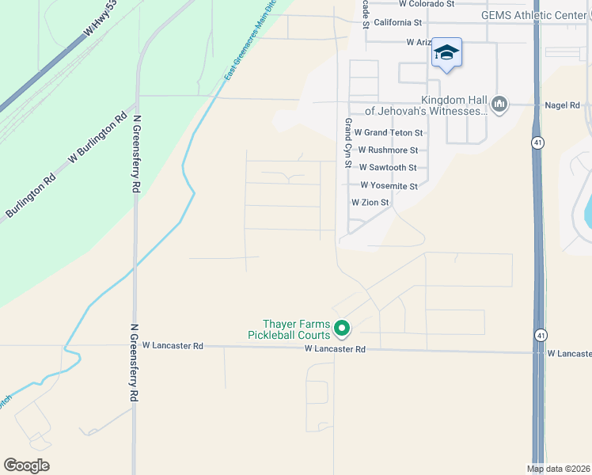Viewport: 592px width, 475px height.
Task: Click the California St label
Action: point(404,23)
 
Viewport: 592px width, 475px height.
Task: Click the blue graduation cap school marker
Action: point(447,53)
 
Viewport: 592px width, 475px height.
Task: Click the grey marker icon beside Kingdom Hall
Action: point(499,104)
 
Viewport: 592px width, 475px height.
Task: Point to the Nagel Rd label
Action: point(563,105)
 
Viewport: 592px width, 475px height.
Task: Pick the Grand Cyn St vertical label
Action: point(347,143)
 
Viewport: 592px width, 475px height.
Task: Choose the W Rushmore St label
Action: point(388,150)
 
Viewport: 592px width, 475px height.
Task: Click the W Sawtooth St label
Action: point(388,168)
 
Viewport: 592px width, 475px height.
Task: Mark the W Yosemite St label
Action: point(389,186)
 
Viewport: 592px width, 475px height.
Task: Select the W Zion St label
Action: point(370,203)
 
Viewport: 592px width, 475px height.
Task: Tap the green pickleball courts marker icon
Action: point(342,326)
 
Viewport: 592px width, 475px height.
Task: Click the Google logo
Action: point(26,465)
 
